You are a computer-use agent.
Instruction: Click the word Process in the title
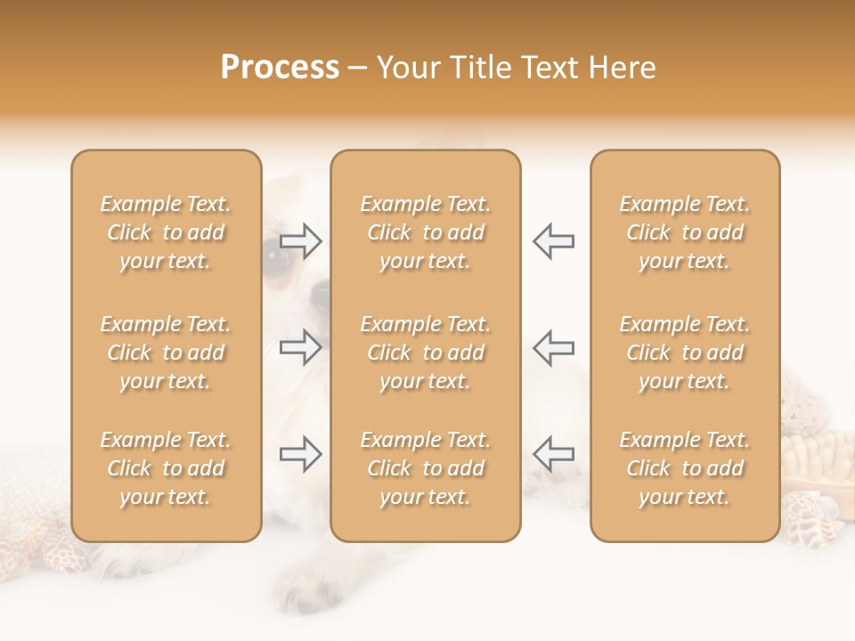[x=280, y=68]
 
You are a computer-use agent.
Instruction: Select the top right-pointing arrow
[x=301, y=240]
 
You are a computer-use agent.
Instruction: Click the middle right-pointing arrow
[x=301, y=347]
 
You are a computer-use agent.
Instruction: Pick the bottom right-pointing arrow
[x=301, y=454]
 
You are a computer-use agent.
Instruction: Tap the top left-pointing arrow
[x=553, y=240]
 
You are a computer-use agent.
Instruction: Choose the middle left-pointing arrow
[x=553, y=347]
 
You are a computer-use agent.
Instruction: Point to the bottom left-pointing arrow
[x=553, y=454]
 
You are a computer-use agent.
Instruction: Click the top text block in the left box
[x=166, y=232]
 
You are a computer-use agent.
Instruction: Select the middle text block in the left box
[x=166, y=353]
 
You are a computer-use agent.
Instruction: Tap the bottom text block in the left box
[x=166, y=468]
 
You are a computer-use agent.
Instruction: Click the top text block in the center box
[x=426, y=232]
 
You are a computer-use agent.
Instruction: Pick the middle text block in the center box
[x=426, y=353]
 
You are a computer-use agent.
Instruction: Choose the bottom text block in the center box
[x=426, y=468]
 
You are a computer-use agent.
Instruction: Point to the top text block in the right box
[x=685, y=232]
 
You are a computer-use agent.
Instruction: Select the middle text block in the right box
[x=685, y=353]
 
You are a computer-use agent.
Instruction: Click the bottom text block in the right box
[x=685, y=468]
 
